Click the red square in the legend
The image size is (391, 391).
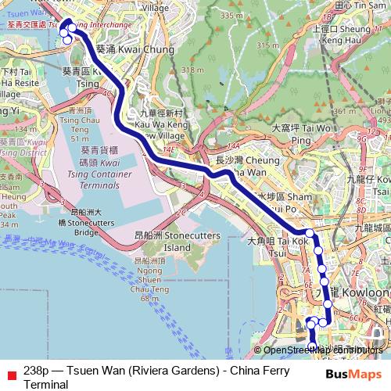(9, 371)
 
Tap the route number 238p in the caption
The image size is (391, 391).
(35, 371)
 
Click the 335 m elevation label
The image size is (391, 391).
(231, 15)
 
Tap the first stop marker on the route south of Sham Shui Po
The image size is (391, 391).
(310, 233)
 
